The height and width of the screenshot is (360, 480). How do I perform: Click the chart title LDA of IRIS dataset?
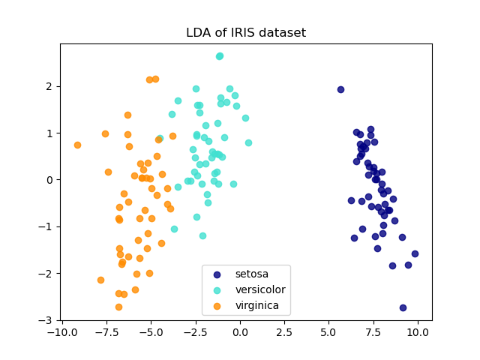[x=246, y=33]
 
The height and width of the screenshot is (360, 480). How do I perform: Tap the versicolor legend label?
[x=259, y=289]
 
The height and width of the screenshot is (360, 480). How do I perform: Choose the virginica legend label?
[x=256, y=305]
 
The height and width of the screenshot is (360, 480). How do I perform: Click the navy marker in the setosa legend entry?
[x=217, y=274]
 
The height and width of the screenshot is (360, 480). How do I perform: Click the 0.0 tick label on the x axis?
[x=240, y=331]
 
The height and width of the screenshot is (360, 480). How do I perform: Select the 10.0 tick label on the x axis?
[x=418, y=331]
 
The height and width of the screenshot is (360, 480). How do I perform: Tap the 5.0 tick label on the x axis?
[x=328, y=331]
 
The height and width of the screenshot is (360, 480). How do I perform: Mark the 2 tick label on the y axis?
[x=49, y=86]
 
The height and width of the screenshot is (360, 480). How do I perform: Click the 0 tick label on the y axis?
[x=49, y=180]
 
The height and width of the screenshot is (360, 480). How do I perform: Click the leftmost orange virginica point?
[x=77, y=145]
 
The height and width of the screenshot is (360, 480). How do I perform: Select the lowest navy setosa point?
[x=403, y=307]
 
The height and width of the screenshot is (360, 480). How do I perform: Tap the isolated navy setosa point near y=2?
[x=340, y=89]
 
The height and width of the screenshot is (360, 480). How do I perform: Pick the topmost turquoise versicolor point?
[x=220, y=56]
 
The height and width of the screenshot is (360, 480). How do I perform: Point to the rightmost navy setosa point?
[x=415, y=253]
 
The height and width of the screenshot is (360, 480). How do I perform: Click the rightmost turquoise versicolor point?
[x=248, y=142]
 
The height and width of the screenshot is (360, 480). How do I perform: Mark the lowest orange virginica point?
[x=118, y=307]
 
